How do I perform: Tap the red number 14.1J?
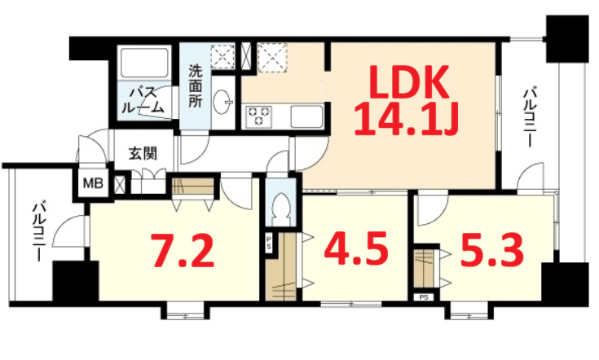click(x=407, y=122)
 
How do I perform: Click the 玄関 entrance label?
click(x=142, y=152)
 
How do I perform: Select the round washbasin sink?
click(x=222, y=103)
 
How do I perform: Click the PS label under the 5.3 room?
click(x=424, y=297)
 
